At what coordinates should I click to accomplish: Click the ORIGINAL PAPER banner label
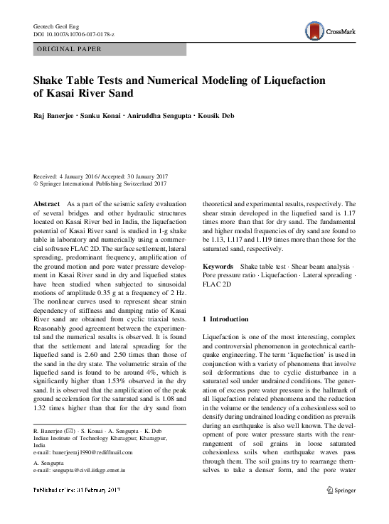click(x=68, y=49)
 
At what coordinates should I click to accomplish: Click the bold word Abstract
click(x=47, y=204)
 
